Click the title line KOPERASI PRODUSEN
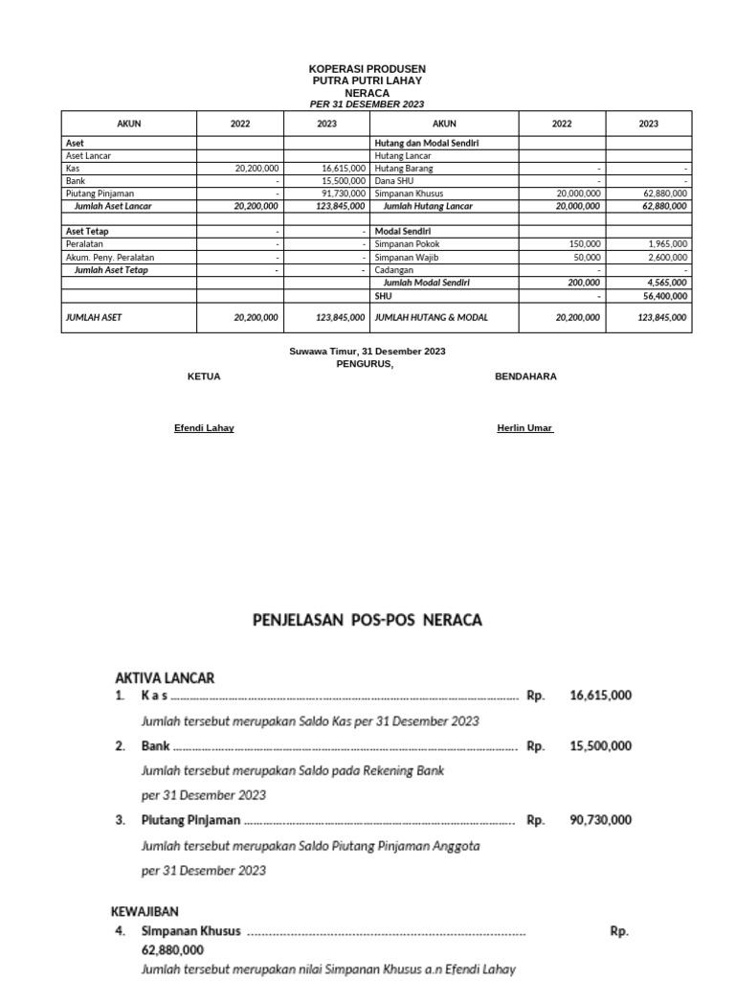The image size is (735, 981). (x=367, y=70)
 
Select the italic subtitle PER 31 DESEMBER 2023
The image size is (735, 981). (x=367, y=103)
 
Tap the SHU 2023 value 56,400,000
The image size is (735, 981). (x=662, y=297)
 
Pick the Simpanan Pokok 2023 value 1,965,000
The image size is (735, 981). (x=666, y=244)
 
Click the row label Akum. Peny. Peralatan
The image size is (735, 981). (x=109, y=258)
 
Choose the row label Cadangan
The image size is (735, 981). (x=394, y=271)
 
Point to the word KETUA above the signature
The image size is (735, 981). (x=204, y=376)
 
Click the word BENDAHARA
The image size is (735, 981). (x=525, y=376)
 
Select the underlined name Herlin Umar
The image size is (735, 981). (x=524, y=428)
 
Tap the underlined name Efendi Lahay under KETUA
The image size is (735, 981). (x=204, y=428)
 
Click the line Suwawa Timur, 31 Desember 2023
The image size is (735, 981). (x=367, y=352)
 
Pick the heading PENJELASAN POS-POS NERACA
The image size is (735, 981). (x=367, y=621)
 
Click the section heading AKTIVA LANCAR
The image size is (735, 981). (x=165, y=677)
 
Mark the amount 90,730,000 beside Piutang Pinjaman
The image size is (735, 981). (x=600, y=820)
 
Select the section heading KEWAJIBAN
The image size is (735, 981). (x=146, y=911)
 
